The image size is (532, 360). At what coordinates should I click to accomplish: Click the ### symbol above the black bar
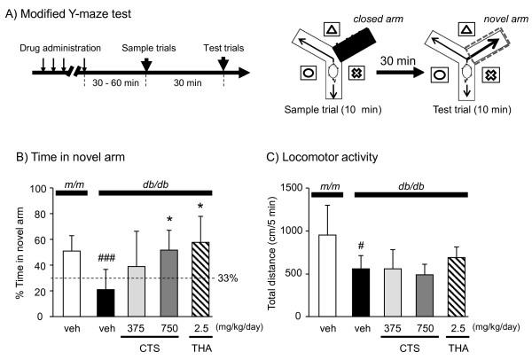pyautogui.click(x=107, y=257)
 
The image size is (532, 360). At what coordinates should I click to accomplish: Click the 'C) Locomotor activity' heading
pyautogui.click(x=321, y=158)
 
